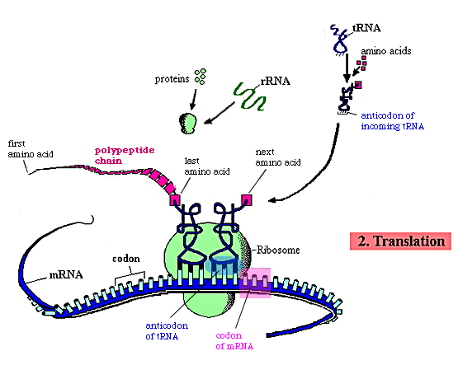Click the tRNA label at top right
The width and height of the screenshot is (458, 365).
coord(366,28)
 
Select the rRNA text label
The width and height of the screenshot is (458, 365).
coord(275,81)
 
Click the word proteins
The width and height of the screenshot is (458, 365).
coord(172,79)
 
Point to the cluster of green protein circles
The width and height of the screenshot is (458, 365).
coord(201,77)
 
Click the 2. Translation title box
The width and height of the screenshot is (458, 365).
coord(400,241)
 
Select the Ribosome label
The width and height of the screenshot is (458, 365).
coord(278,250)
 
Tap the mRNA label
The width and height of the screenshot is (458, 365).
coord(66,274)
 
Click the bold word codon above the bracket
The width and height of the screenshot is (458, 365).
coord(126,259)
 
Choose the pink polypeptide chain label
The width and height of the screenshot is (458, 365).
coord(125,156)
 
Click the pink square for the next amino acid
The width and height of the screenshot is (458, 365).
coord(247,200)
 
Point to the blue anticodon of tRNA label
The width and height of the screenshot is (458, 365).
coord(167,331)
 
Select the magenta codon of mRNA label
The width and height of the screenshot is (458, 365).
coord(234,341)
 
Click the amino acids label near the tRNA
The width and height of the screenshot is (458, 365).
coord(386,51)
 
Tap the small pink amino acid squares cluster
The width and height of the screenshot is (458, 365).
coord(361,63)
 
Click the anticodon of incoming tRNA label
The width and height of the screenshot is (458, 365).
coord(392,120)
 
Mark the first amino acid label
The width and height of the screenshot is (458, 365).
coord(31,148)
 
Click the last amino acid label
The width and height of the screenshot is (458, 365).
coord(207,166)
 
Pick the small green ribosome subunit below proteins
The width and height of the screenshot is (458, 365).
coord(188,124)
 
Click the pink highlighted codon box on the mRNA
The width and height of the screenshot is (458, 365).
coord(255,283)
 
